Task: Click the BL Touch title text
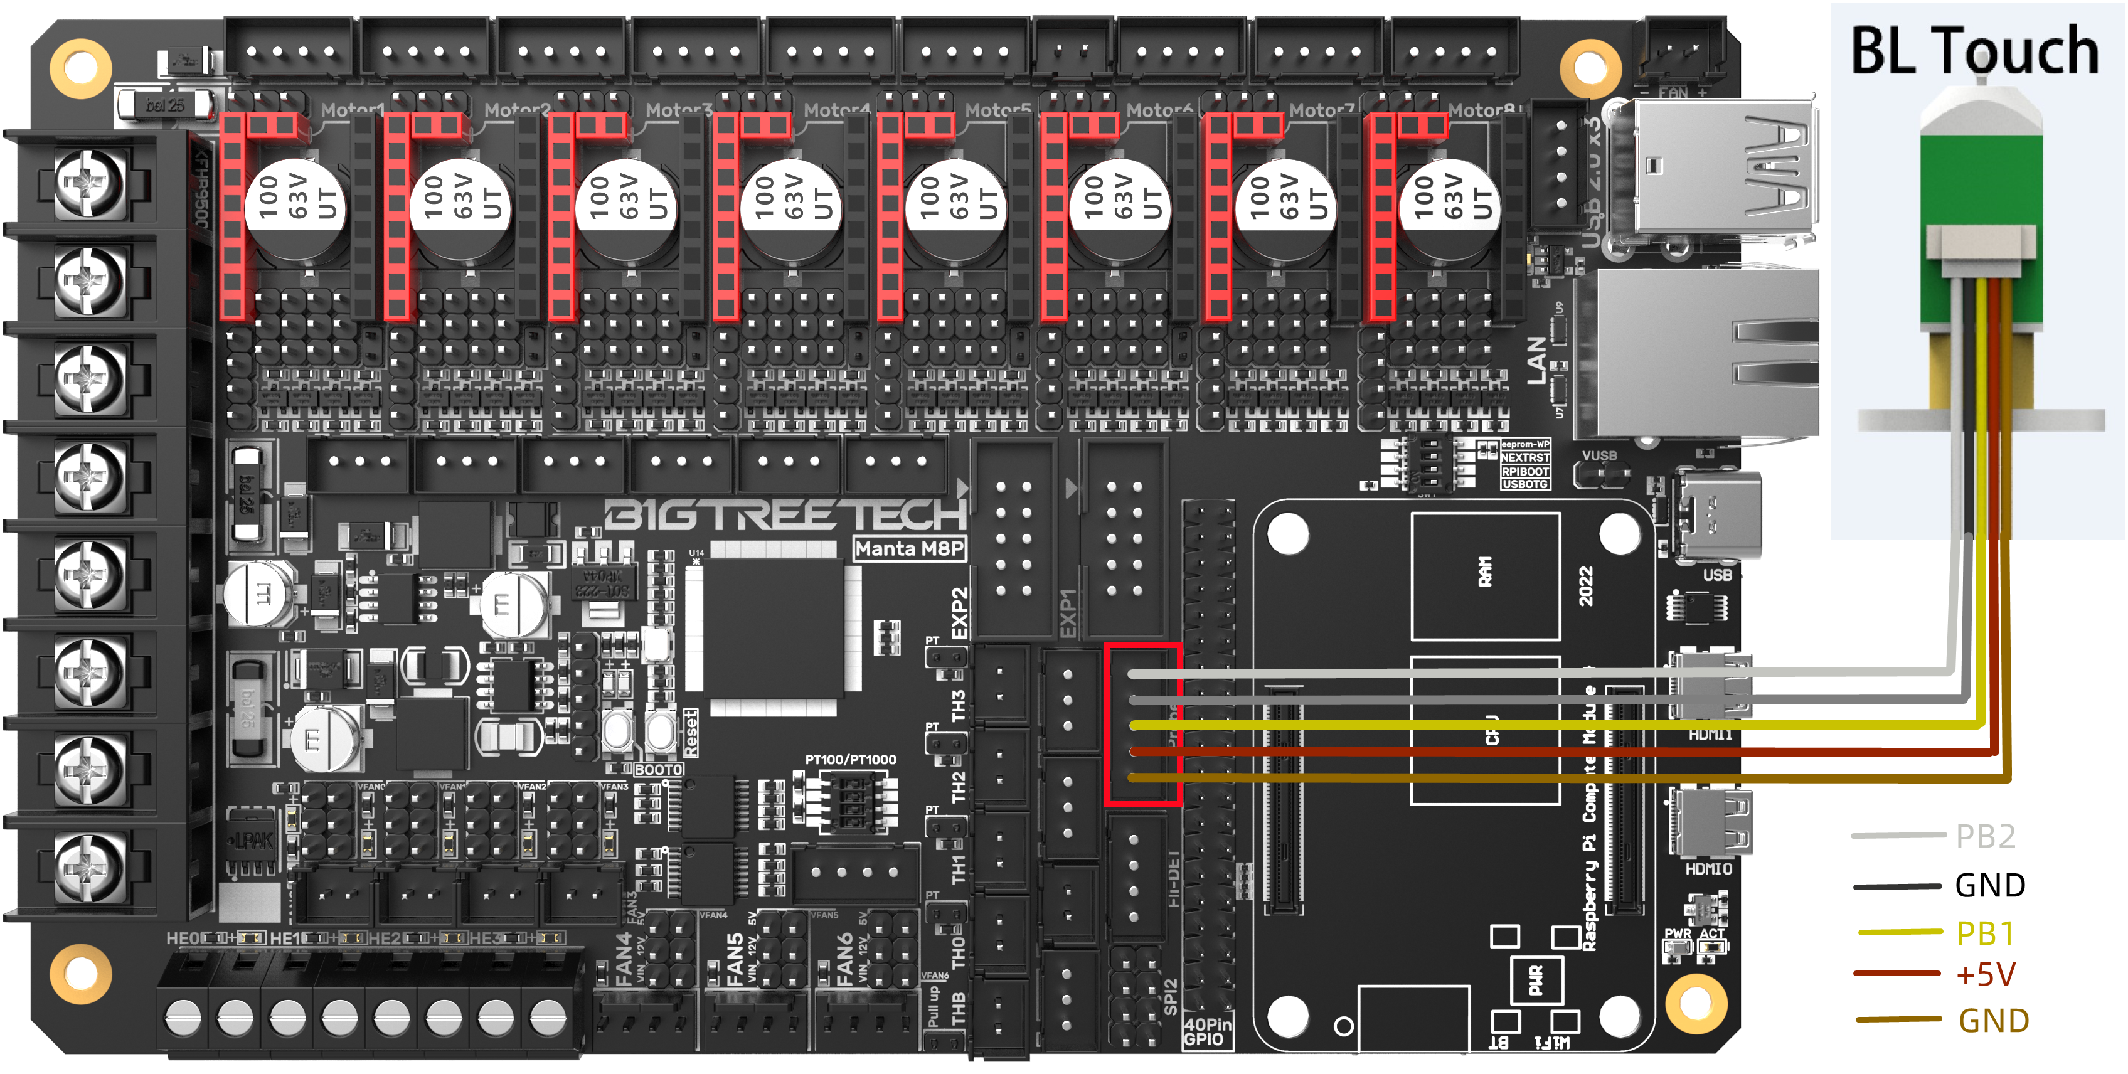pyautogui.click(x=1974, y=51)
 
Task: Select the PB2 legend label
pyautogui.click(x=1985, y=837)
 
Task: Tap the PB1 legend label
pyautogui.click(x=1985, y=933)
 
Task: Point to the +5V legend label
pyautogui.click(x=1985, y=975)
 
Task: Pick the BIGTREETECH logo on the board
pyautogui.click(x=785, y=514)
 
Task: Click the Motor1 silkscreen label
pyautogui.click(x=353, y=110)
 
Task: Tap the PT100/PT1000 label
pyautogui.click(x=850, y=759)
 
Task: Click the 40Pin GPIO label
pyautogui.click(x=1207, y=1032)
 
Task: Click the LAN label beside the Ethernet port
pyautogui.click(x=1536, y=359)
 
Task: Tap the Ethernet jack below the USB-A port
pyautogui.click(x=1702, y=355)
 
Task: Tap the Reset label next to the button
pyautogui.click(x=691, y=733)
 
